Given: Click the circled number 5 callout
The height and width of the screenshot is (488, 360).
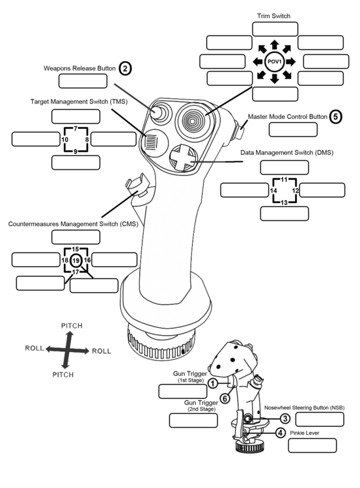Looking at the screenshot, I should tap(335, 117).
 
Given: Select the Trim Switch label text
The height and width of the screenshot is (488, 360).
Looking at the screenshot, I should tap(274, 16).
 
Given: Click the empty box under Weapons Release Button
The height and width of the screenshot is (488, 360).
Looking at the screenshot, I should tap(83, 81).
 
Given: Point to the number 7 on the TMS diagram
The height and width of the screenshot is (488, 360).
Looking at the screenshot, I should tap(76, 128).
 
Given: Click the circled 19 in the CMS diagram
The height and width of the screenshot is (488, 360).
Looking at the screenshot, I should tap(76, 260).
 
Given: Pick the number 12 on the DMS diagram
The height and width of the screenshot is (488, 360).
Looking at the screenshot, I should tap(294, 191).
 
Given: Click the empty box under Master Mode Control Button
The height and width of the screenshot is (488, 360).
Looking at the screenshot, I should tap(292, 129).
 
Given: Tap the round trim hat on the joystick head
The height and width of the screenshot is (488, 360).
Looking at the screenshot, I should tap(192, 118).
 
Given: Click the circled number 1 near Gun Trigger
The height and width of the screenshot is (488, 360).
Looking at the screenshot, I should tap(212, 383).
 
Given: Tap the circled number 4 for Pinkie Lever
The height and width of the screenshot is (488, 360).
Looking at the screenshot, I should tap(279, 433).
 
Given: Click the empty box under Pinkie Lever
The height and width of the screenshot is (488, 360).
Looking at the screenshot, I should tap(312, 446).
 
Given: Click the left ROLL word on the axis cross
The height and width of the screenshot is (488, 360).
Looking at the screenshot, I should tap(35, 349).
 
